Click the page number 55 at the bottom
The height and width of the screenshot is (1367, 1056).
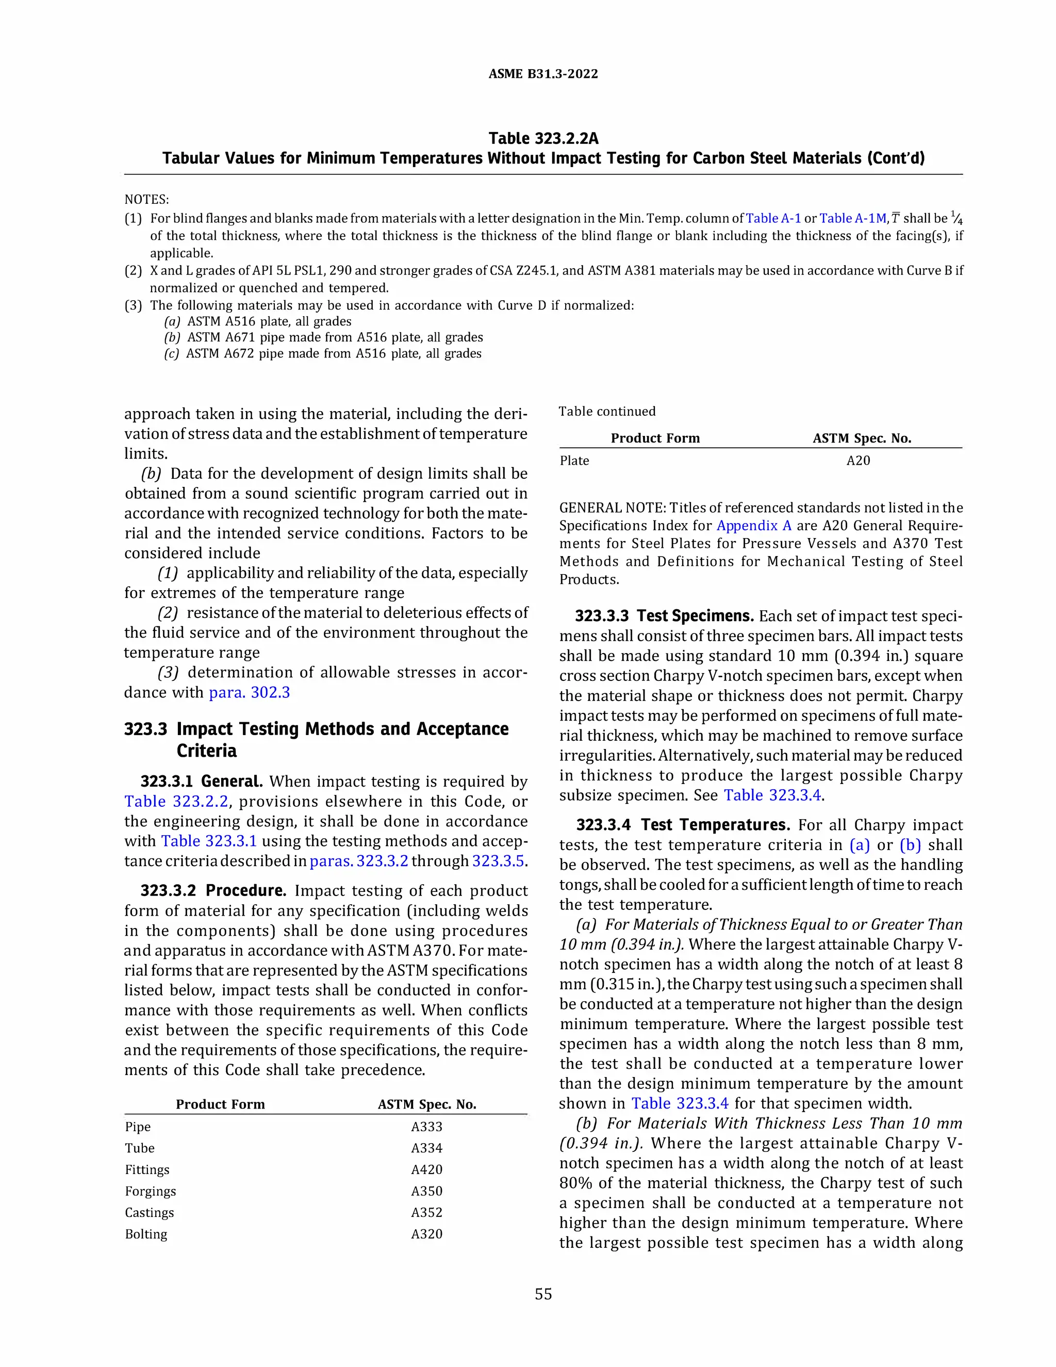pyautogui.click(x=543, y=1294)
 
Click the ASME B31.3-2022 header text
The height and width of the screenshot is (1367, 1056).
pyautogui.click(x=543, y=74)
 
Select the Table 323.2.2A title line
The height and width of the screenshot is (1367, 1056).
pyautogui.click(x=543, y=138)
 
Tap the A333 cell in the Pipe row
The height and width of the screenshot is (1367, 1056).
pyautogui.click(x=426, y=1127)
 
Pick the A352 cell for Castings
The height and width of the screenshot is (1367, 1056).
pyautogui.click(x=426, y=1212)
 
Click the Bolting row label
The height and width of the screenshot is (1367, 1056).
pyautogui.click(x=146, y=1234)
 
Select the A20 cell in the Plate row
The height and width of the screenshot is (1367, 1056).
pyautogui.click(x=859, y=461)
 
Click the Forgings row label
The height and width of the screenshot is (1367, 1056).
pyautogui.click(x=150, y=1191)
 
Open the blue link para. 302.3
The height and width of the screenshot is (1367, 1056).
pyautogui.click(x=249, y=692)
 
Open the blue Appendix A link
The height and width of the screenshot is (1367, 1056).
pyautogui.click(x=754, y=526)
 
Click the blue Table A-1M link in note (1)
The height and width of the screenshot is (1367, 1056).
pyautogui.click(x=853, y=218)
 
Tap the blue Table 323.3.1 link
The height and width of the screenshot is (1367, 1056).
pyautogui.click(x=209, y=841)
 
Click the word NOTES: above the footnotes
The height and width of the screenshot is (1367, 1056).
pyautogui.click(x=146, y=200)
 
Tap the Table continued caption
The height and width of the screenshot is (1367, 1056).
pyautogui.click(x=607, y=411)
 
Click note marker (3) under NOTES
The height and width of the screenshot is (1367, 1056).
pyautogui.click(x=133, y=305)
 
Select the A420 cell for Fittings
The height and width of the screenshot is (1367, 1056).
pyautogui.click(x=426, y=1169)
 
